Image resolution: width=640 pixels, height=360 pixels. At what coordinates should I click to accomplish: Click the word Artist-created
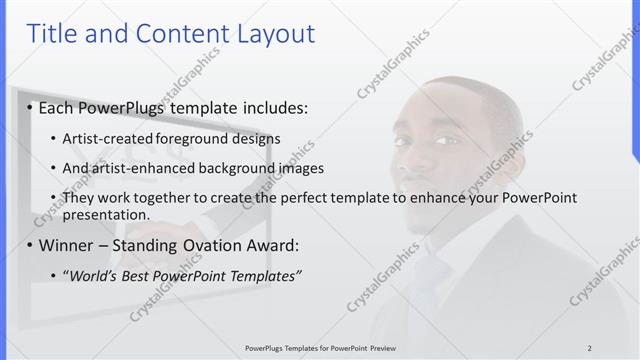pos(108,138)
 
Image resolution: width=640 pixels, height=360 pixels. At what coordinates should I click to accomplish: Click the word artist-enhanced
pos(143,168)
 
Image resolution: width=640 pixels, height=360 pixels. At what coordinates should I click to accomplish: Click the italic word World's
pos(93,275)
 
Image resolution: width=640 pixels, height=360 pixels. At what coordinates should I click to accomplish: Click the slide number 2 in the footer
pos(590,347)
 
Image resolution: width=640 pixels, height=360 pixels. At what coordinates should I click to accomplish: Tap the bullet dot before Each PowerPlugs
pos(30,107)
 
